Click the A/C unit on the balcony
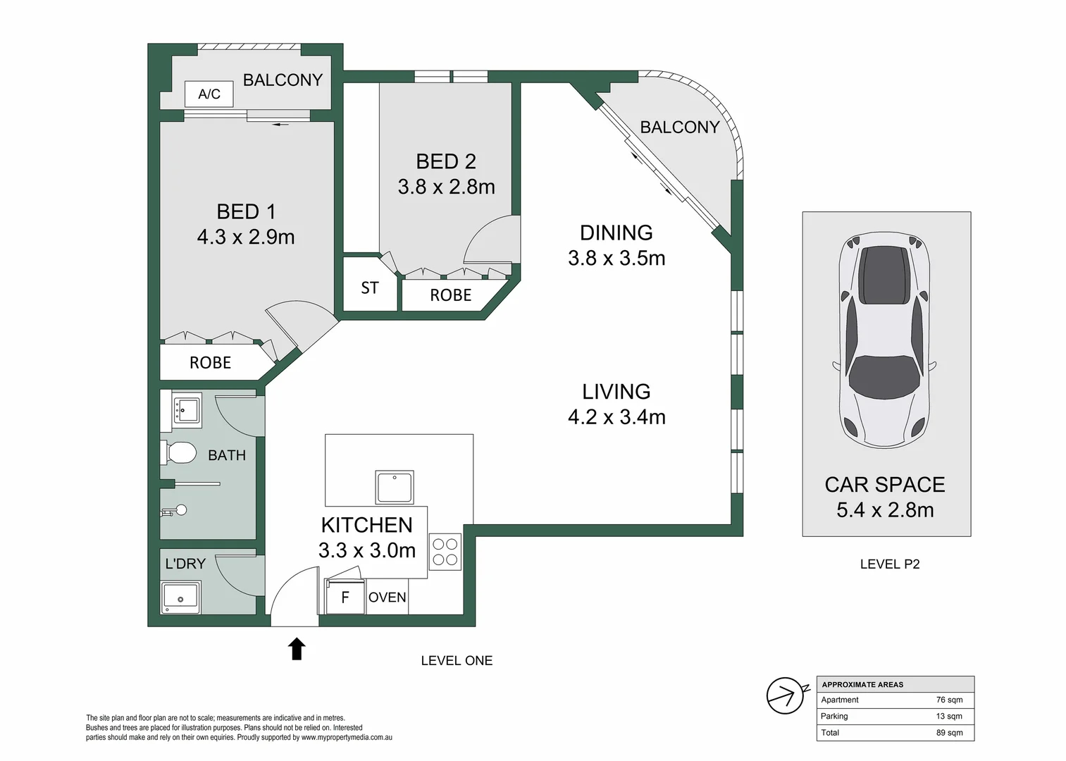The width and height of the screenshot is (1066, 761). [209, 94]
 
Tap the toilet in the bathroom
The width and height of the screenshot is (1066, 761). [178, 452]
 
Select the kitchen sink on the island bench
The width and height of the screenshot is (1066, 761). [394, 487]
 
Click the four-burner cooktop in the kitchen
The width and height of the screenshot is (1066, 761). [445, 552]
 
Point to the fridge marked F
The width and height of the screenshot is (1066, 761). [345, 596]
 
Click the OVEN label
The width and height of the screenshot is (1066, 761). [388, 598]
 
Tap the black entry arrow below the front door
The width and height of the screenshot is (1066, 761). [297, 649]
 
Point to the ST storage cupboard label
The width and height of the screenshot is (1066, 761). [370, 288]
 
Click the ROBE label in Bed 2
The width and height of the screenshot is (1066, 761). [451, 295]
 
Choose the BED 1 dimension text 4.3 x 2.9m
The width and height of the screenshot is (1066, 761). [246, 237]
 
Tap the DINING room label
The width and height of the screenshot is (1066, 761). [616, 233]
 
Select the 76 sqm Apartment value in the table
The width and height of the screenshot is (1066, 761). [950, 700]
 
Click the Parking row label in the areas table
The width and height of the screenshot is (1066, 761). [834, 716]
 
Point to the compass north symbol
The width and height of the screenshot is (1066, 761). [786, 695]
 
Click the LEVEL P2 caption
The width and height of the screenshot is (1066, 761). [890, 564]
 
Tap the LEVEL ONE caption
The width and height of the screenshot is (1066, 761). [457, 660]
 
